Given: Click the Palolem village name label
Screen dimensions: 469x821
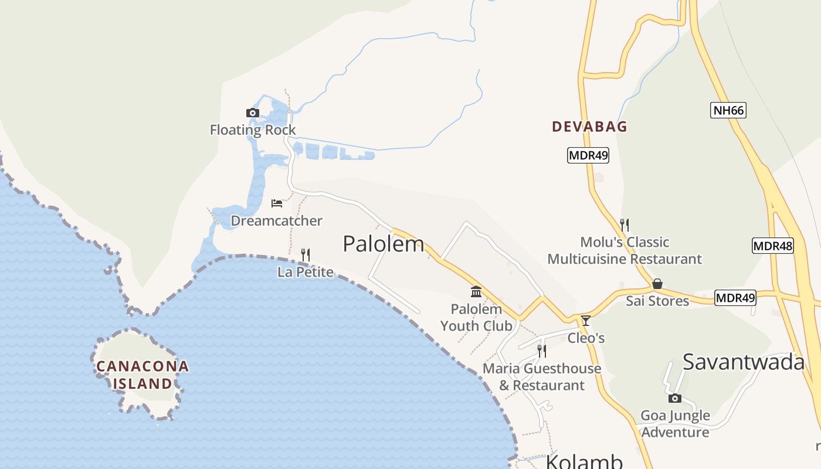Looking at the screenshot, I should pos(383,244).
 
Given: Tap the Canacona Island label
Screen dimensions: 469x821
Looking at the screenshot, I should pos(143,375).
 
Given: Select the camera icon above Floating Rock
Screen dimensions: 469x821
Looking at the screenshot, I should pos(253,113).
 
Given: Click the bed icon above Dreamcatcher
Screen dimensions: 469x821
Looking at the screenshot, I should pos(277,203).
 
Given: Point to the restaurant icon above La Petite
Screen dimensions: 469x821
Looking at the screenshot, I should pos(305,254).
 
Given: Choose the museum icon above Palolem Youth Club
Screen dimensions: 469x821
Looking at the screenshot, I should pos(476,291).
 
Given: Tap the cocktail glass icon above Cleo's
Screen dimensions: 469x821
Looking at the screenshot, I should pos(585,320).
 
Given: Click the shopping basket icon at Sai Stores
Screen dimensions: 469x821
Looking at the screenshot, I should pos(657,284).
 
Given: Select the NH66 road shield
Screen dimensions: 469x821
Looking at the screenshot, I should pos(728,110).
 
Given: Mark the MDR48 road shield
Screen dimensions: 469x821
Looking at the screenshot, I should pos(773,246).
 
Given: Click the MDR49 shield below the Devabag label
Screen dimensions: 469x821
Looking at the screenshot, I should pos(588,155).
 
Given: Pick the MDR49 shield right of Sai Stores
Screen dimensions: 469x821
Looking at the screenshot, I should pos(735,298).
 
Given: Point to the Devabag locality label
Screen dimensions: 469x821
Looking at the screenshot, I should pos(589,127).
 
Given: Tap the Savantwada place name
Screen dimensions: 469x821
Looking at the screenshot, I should pos(744,362).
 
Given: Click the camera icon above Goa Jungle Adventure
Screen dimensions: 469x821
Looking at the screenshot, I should pos(675,398).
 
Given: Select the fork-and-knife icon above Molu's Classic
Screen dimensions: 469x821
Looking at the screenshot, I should pos(625,225).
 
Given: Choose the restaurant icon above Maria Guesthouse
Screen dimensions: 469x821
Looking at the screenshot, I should pos(542,351).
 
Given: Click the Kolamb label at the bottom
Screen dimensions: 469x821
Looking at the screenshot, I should pos(584,461).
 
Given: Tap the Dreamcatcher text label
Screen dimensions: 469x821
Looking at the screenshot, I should pos(276,221).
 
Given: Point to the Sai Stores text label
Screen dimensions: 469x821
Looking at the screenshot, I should pos(657,301).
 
